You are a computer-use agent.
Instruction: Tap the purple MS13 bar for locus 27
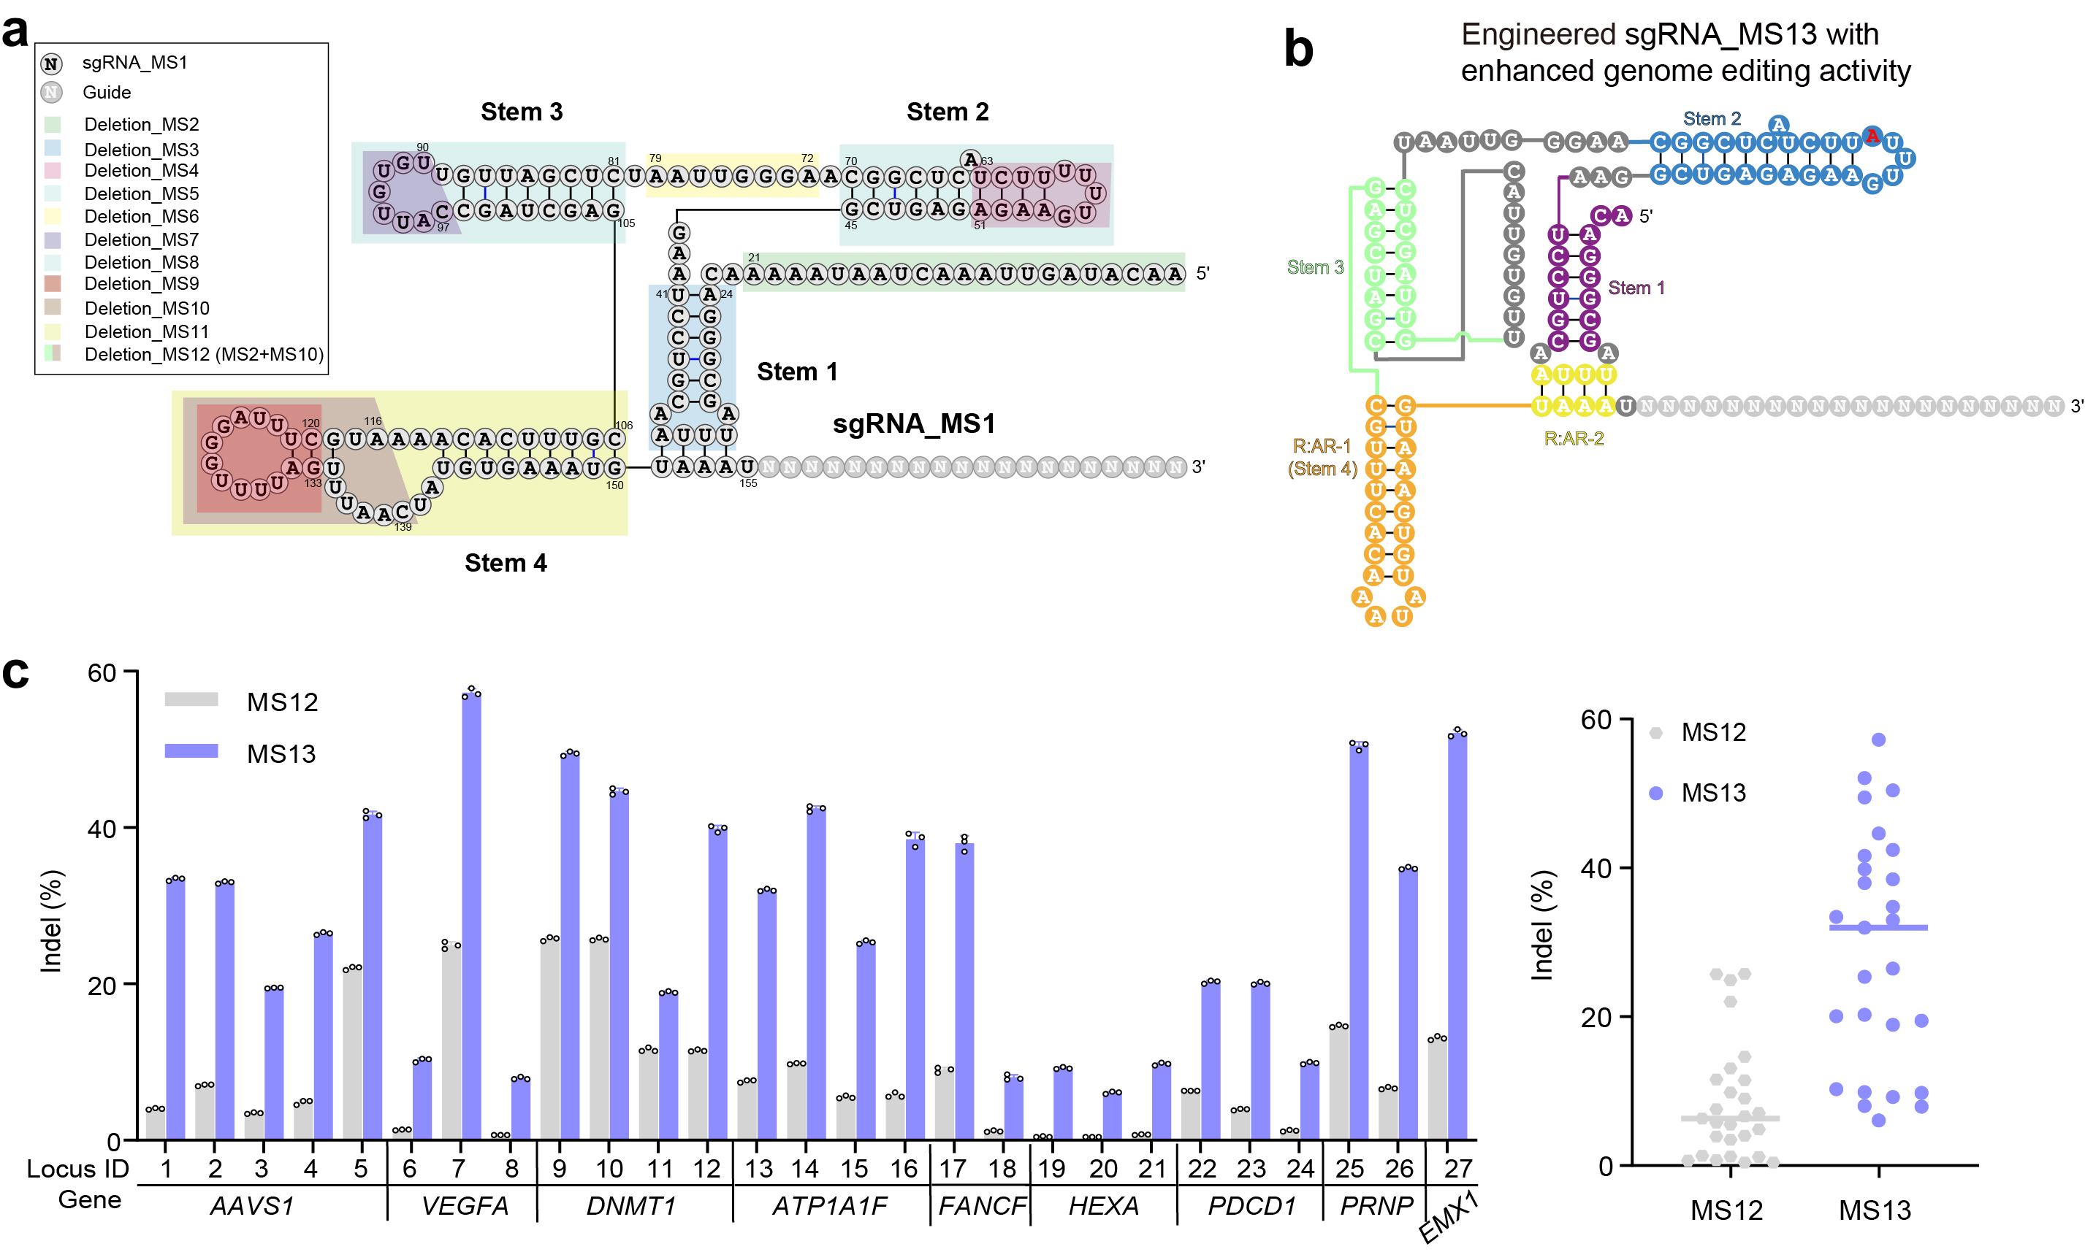click(1457, 937)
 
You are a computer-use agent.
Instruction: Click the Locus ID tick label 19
click(1051, 1169)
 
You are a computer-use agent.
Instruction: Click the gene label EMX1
click(1448, 1218)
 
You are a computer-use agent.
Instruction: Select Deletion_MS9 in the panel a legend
click(141, 283)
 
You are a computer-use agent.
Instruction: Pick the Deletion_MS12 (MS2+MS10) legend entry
click(203, 354)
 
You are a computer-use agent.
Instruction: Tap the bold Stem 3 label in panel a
click(521, 112)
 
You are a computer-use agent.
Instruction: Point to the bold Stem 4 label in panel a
click(506, 563)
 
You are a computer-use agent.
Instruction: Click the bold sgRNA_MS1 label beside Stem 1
click(913, 423)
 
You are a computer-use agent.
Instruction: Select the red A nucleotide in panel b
click(1872, 136)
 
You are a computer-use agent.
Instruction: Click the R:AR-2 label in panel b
click(1574, 439)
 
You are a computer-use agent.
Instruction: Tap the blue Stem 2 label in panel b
click(1711, 119)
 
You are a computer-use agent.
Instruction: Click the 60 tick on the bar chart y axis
click(102, 672)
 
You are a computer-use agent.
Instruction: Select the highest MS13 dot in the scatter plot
click(1878, 740)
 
